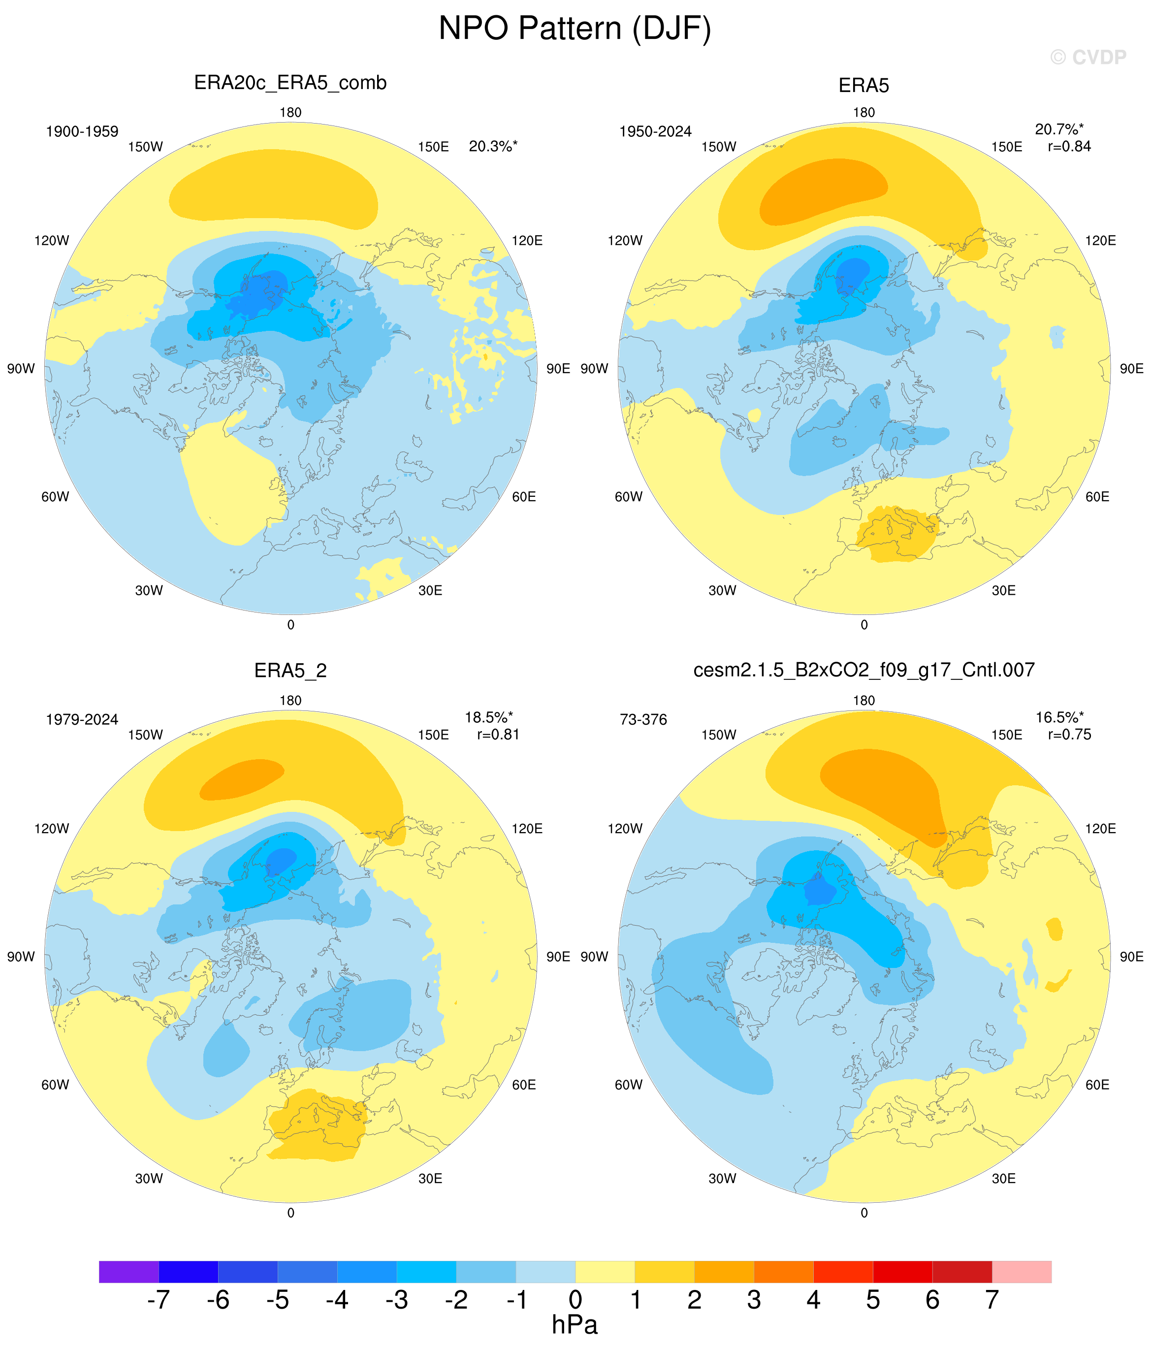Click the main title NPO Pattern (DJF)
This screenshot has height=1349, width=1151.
pyautogui.click(x=575, y=29)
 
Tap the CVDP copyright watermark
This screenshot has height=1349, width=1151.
pyautogui.click(x=1088, y=57)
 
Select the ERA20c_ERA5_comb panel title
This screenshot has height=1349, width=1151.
pyautogui.click(x=290, y=83)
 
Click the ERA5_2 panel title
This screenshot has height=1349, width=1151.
pyautogui.click(x=290, y=671)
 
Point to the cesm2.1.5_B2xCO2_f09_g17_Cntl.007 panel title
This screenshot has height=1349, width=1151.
pyautogui.click(x=864, y=670)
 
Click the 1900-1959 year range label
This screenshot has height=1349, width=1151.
pyautogui.click(x=82, y=131)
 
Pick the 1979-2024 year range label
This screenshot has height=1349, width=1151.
pyautogui.click(x=82, y=719)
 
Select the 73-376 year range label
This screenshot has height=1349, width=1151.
pyautogui.click(x=643, y=719)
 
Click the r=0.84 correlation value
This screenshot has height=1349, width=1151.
pyautogui.click(x=1069, y=147)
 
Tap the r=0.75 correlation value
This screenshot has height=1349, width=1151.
pyautogui.click(x=1069, y=735)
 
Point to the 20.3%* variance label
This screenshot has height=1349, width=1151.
pyautogui.click(x=493, y=147)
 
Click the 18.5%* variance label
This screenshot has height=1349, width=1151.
pyautogui.click(x=488, y=717)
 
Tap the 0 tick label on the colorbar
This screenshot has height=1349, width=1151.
pyautogui.click(x=575, y=1299)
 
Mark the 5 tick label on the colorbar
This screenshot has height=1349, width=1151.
pyautogui.click(x=873, y=1299)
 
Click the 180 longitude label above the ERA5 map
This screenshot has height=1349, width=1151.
pyautogui.click(x=864, y=113)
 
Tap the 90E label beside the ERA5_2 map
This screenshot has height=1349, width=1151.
pyautogui.click(x=558, y=957)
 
